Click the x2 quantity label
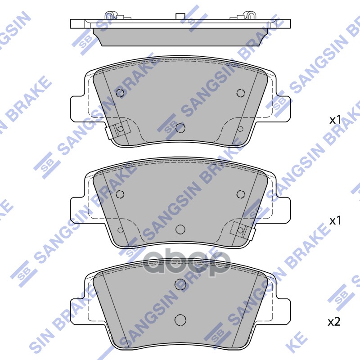tap(333, 322)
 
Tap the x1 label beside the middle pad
tap(335, 220)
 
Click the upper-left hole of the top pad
tap(120, 93)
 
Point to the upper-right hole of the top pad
tap(240, 93)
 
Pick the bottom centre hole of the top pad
tap(180, 128)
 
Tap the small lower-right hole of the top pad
tap(240, 129)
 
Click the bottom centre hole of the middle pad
tap(180, 229)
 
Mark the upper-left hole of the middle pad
tap(120, 194)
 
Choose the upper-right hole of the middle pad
tap(240, 194)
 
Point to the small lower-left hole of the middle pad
tap(120, 230)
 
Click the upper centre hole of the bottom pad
tap(180, 283)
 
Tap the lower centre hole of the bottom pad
tap(180, 319)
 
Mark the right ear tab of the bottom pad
tap(283, 307)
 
